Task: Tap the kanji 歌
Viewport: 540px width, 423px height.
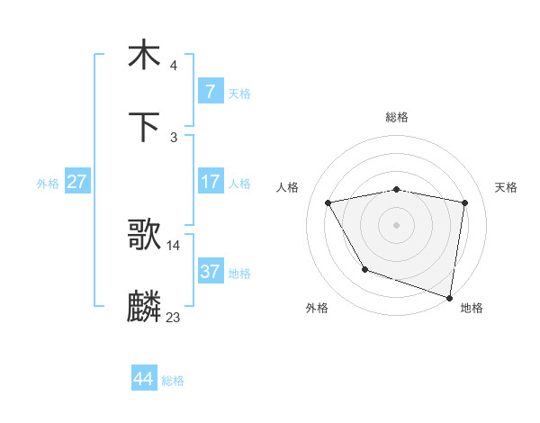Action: tap(144, 237)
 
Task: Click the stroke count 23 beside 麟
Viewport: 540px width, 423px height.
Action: tap(174, 317)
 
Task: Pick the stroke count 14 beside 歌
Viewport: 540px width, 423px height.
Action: tap(174, 245)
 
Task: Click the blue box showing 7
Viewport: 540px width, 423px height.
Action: tap(210, 91)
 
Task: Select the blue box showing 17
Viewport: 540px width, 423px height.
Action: tap(210, 181)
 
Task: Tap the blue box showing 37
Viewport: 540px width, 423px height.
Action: tap(210, 271)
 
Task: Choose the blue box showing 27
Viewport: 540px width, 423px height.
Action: tap(76, 181)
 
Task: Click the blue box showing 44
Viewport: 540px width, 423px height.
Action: tap(143, 379)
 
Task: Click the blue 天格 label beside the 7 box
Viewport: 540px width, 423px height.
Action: tap(239, 93)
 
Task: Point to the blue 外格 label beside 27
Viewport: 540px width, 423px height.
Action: tap(48, 183)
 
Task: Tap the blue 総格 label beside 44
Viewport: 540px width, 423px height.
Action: tap(173, 381)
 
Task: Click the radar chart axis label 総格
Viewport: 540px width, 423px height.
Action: tap(397, 117)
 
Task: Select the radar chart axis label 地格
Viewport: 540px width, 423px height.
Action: tap(472, 308)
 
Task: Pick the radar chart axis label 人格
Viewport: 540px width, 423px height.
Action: tap(288, 187)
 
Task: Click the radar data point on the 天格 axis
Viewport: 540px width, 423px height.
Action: tap(465, 202)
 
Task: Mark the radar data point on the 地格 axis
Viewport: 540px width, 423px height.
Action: tap(450, 297)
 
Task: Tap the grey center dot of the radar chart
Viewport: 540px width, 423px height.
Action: tap(397, 225)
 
